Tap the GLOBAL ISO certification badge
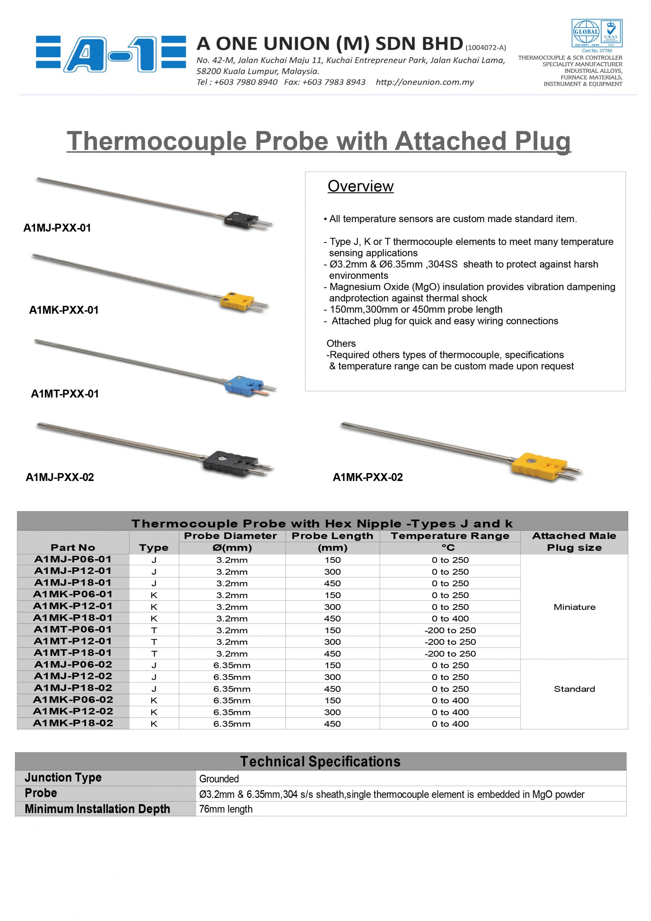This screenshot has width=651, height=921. click(596, 33)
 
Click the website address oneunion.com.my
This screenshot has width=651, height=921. click(424, 82)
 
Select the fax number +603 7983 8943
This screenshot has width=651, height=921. click(325, 82)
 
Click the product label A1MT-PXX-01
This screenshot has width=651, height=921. click(65, 394)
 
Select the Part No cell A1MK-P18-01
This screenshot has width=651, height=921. click(73, 618)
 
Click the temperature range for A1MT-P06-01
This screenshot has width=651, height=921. click(450, 630)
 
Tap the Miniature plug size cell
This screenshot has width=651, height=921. click(574, 607)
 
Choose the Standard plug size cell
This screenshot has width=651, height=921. click(574, 689)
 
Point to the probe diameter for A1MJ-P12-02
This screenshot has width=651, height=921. click(232, 677)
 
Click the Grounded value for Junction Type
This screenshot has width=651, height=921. click(219, 779)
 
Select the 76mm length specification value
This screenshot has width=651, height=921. click(226, 809)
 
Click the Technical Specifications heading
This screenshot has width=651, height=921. click(320, 761)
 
